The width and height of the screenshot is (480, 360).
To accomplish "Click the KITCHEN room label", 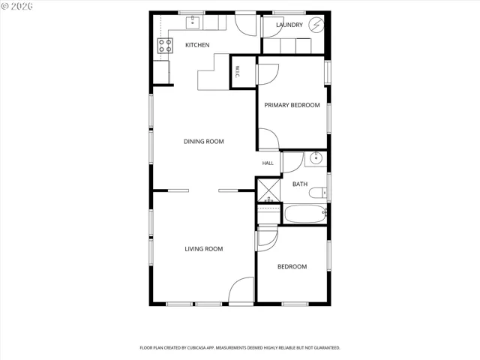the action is (197, 45).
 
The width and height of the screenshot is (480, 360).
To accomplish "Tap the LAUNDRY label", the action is (289, 25).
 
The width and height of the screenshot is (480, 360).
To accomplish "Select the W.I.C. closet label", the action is (238, 72).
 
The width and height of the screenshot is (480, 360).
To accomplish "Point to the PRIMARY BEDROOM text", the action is (292, 105).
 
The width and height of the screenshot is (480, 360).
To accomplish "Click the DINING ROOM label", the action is (203, 142).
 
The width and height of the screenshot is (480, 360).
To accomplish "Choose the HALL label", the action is (268, 163).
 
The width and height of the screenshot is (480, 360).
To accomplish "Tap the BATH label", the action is (300, 184).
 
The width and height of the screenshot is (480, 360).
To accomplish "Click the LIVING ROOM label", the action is (203, 249).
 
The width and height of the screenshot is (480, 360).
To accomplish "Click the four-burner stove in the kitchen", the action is (165, 46).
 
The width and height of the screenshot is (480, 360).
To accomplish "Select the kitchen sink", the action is (193, 22).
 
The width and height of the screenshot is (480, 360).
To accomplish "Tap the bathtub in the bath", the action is (305, 214).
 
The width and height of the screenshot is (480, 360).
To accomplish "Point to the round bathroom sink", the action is (316, 158).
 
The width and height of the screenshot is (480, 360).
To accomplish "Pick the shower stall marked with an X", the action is (268, 190).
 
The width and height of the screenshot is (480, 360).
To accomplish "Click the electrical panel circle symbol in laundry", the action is (316, 25).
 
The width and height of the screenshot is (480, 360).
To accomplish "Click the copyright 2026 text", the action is (16, 6).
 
